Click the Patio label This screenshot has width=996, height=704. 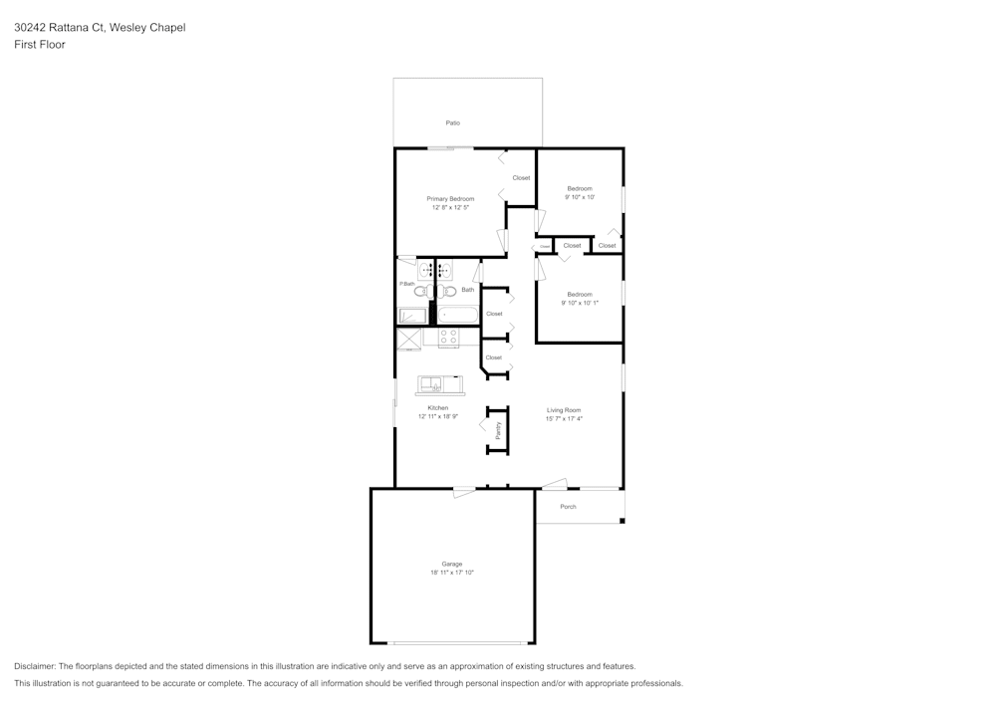452,122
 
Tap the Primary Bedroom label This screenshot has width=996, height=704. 450,198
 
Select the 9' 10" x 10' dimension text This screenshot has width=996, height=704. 579,197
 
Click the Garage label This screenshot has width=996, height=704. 451,564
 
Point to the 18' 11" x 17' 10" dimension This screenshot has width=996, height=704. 451,573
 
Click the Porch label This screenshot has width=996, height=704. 568,507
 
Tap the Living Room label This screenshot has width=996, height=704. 564,410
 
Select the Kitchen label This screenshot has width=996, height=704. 437,407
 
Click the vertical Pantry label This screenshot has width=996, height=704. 498,430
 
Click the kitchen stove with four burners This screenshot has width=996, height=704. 448,337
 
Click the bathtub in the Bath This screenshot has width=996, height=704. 458,316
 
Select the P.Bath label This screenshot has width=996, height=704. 406,284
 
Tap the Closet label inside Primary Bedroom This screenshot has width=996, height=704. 521,178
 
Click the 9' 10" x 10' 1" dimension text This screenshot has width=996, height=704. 579,303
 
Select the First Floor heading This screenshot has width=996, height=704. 39,45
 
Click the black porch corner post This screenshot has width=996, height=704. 622,520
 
